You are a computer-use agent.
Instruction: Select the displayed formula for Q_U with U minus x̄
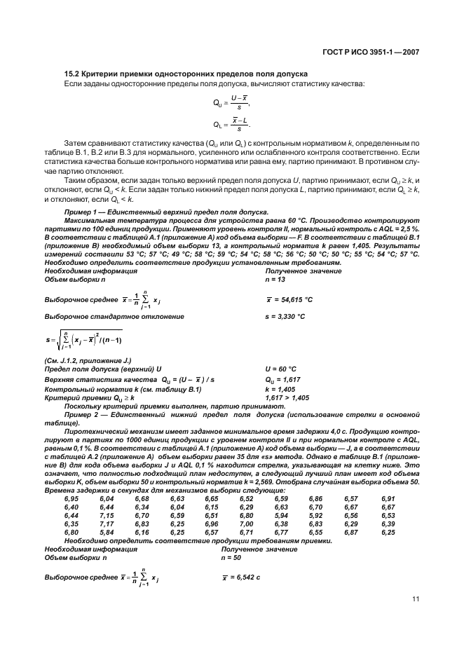(x=231, y=102)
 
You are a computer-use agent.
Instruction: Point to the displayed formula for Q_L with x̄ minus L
(x=231, y=125)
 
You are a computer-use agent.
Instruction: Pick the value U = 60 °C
(x=280, y=368)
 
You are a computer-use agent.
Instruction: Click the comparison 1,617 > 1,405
(x=287, y=397)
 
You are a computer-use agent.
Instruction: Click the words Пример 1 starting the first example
(x=81, y=213)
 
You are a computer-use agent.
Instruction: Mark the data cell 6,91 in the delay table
(x=388, y=498)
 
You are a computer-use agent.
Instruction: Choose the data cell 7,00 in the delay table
(x=246, y=524)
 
